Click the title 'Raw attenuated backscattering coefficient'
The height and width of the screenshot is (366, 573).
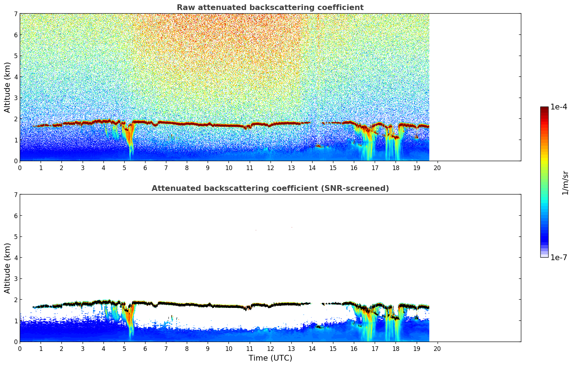coord(270,8)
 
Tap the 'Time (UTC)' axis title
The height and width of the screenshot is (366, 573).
coord(270,358)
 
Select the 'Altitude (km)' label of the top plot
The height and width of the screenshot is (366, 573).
coord(8,87)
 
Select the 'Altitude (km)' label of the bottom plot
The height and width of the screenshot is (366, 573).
coord(8,268)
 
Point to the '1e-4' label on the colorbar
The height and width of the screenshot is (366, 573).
coord(559,107)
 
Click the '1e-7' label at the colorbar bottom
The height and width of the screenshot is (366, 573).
coord(559,258)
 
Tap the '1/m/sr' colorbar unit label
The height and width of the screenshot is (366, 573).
coord(565,183)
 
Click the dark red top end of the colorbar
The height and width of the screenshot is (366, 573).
coord(544,108)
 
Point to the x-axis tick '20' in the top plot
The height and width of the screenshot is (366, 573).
coord(437,168)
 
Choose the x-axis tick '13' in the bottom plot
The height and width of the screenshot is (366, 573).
coord(291,348)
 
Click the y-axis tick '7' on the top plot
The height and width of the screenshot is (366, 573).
coord(15,14)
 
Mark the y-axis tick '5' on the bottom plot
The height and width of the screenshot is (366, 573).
coord(15,237)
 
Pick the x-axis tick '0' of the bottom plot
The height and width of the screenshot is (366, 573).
coord(20,348)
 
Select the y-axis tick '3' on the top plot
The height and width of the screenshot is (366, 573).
coord(15,98)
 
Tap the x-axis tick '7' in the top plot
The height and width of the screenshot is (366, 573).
coord(166,168)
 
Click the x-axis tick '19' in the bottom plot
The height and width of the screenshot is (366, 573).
coord(416,348)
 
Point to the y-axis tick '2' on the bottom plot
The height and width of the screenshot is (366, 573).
coord(15,300)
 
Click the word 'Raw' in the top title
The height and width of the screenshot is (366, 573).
coord(184,8)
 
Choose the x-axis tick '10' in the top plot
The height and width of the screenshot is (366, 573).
coord(228,168)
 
